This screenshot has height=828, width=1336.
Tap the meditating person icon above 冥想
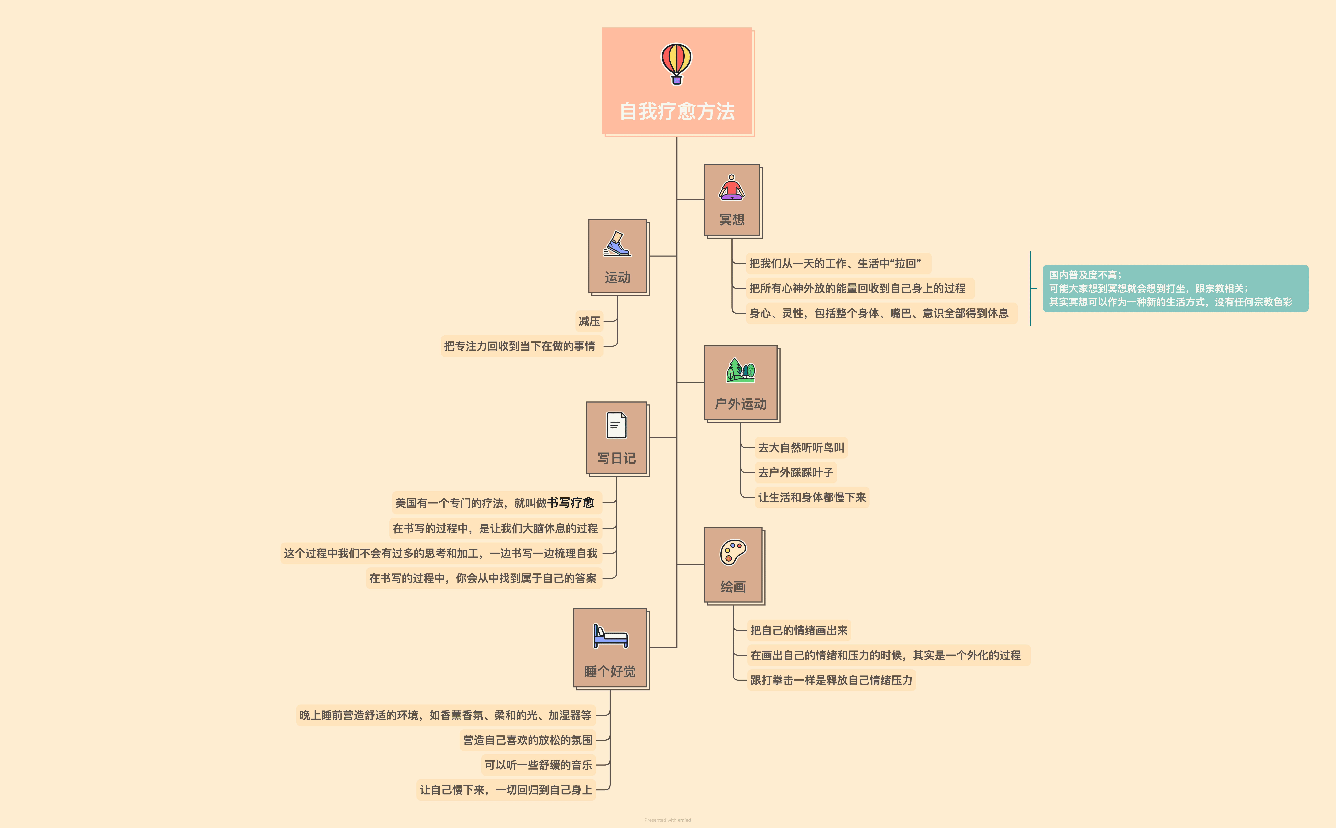click(x=731, y=188)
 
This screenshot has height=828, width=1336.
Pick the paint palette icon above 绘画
click(x=733, y=552)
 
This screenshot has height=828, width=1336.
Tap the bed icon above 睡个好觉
click(x=610, y=636)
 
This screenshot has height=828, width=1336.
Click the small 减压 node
click(x=589, y=321)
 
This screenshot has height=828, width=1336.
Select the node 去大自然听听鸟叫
click(x=801, y=447)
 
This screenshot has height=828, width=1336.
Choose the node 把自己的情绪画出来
click(x=799, y=630)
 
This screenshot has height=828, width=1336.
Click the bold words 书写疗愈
click(x=571, y=503)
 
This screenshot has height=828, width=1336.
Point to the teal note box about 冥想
click(x=1175, y=289)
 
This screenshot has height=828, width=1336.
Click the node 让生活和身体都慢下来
click(x=812, y=497)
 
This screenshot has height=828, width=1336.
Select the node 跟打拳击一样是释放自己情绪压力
click(x=831, y=680)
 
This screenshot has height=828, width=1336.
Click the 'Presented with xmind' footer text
click(x=668, y=820)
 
